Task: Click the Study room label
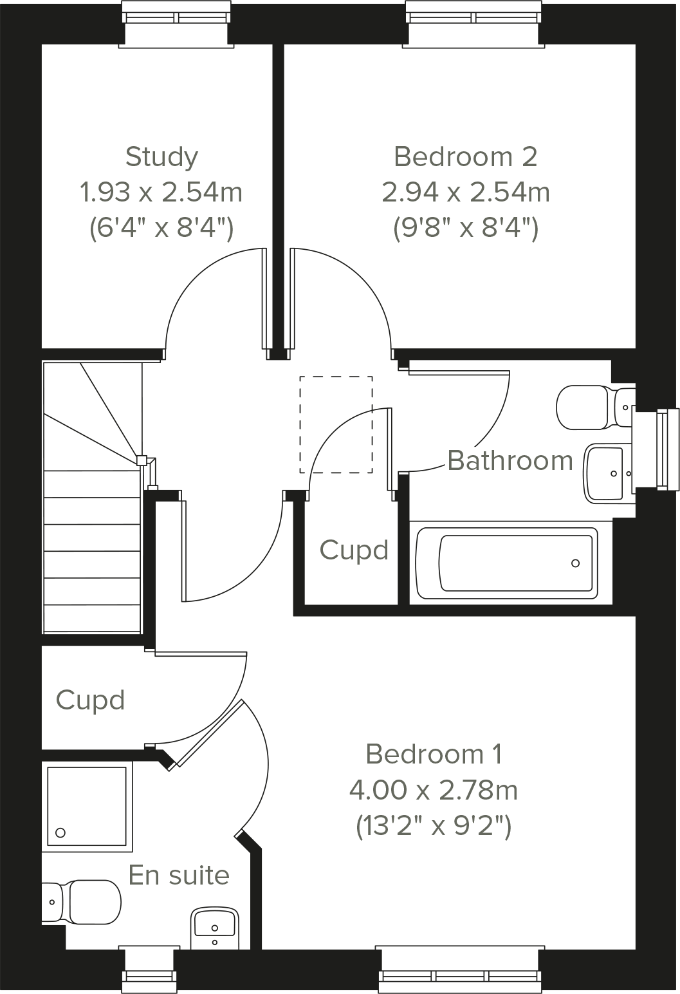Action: (x=161, y=156)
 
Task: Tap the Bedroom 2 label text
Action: (x=465, y=156)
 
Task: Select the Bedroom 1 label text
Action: (x=434, y=753)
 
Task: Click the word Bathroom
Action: (x=510, y=461)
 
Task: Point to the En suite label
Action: (x=179, y=875)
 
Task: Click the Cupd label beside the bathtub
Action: (x=354, y=550)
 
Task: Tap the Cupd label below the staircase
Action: (x=90, y=700)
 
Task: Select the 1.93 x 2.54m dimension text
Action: (x=161, y=192)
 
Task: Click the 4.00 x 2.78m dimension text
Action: (x=434, y=789)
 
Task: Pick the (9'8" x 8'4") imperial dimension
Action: (x=465, y=228)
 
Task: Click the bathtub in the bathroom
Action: (x=507, y=562)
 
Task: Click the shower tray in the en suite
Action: (x=87, y=805)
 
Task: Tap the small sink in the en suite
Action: (x=216, y=927)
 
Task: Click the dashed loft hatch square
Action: (x=336, y=425)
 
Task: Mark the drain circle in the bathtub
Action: (x=575, y=563)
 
